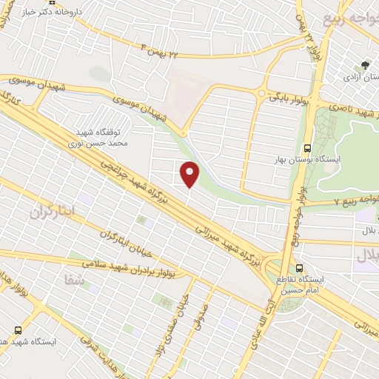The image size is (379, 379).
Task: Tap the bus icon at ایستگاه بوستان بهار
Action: pyautogui.click(x=308, y=147)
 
